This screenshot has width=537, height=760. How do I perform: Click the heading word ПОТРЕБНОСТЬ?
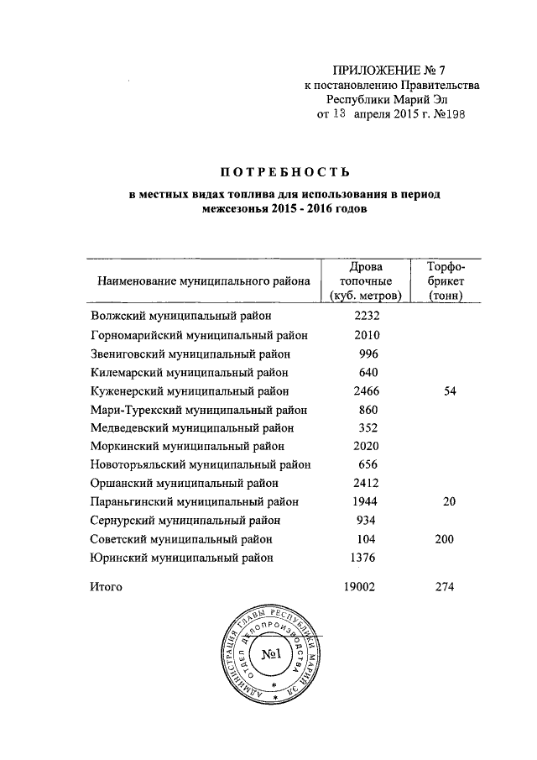(x=284, y=173)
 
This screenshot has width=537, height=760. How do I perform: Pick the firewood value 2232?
(x=368, y=317)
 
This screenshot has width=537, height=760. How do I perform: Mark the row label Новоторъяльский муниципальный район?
(x=201, y=464)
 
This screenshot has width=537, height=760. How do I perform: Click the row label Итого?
(x=106, y=587)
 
